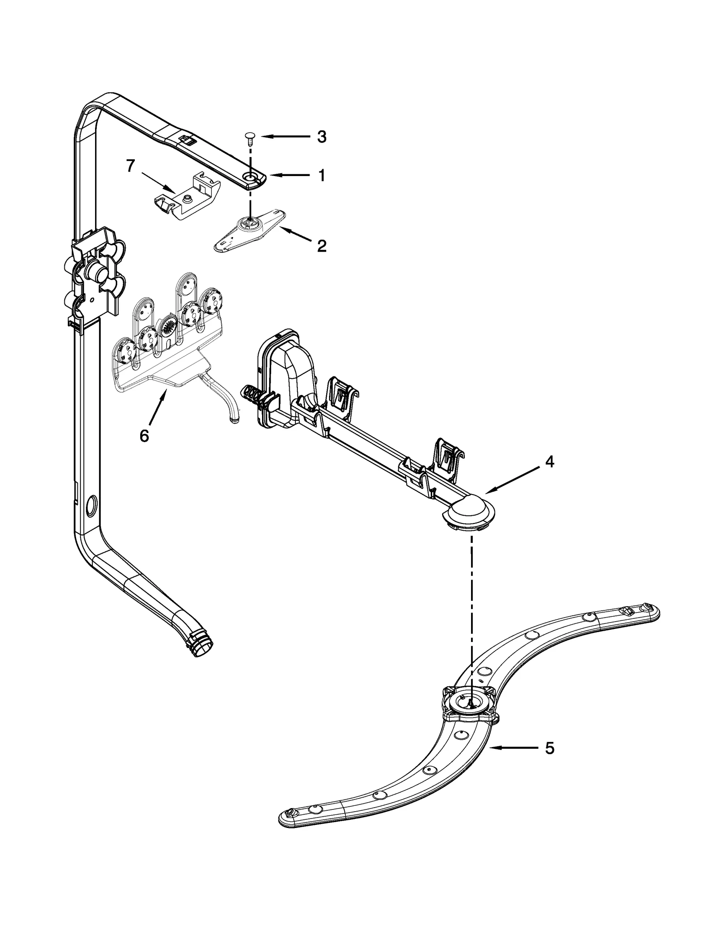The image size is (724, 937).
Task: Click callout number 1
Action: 321,176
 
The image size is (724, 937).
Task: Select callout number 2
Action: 321,246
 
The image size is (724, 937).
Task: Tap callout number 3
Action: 321,137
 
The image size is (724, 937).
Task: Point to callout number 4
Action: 549,461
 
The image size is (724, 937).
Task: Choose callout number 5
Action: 549,748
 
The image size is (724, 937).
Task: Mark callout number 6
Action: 144,436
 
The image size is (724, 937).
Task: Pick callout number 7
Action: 130,166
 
